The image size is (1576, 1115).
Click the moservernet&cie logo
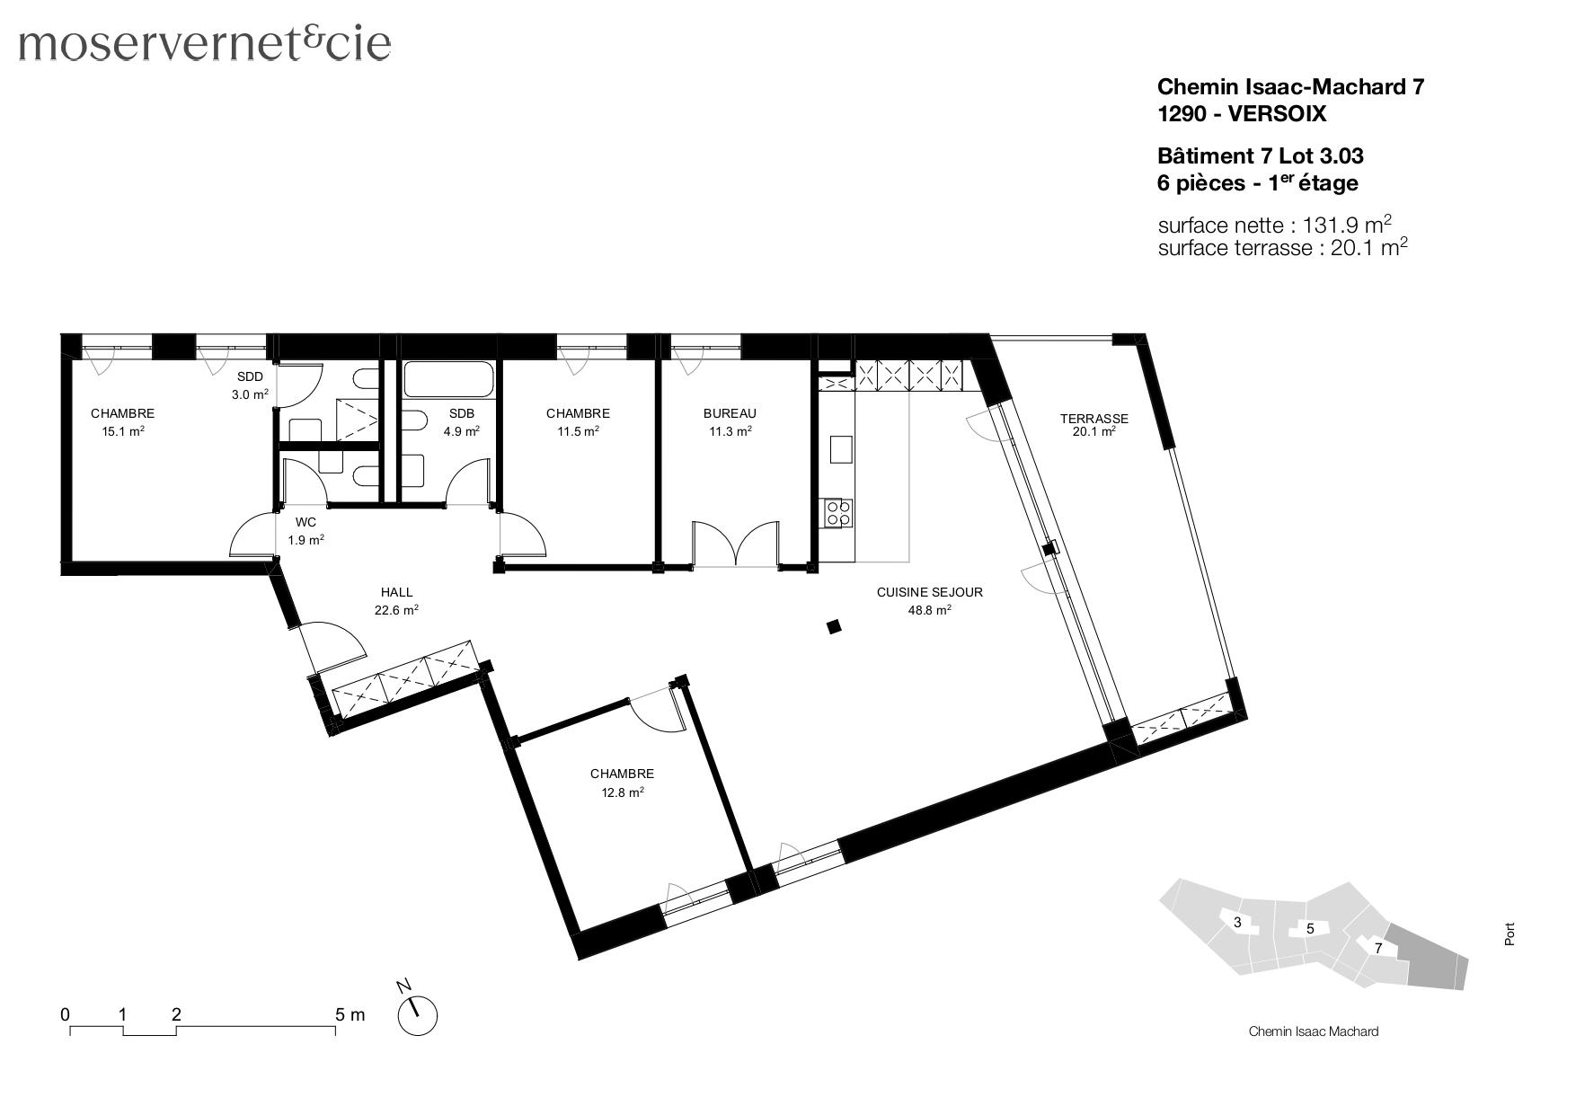pos(205,43)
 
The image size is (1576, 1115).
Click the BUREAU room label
pos(729,413)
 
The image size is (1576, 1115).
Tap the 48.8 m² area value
pos(929,610)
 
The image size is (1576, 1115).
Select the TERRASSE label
pos(1093,419)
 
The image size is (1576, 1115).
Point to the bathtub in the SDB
pos(448,380)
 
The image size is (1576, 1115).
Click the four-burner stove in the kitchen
pos(838,513)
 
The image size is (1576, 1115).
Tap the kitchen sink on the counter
pos(841,448)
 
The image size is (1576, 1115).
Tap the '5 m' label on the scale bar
pos(350,1014)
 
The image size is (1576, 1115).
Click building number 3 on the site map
pos(1237,923)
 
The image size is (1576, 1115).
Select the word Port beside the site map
pos(1509,934)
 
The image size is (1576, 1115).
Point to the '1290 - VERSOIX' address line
pos(1241,114)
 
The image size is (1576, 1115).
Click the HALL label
pos(396,592)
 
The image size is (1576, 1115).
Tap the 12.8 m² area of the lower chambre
pos(622,792)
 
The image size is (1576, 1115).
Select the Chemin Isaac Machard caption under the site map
pos(1313,1031)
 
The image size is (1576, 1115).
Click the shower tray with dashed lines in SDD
pos(356,420)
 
